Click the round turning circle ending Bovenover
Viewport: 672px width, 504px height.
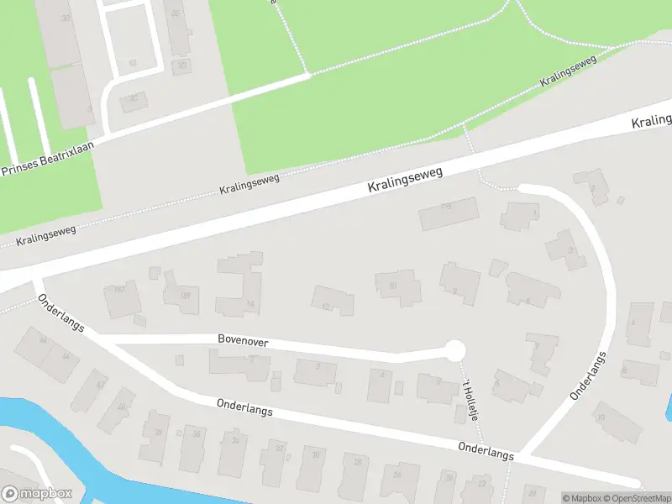coord(454,350)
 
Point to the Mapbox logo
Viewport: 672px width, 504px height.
coord(37,494)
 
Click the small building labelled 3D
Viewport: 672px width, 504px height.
coord(181,66)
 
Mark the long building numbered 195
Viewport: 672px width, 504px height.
coord(449,213)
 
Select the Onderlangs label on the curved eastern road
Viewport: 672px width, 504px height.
coord(588,376)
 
